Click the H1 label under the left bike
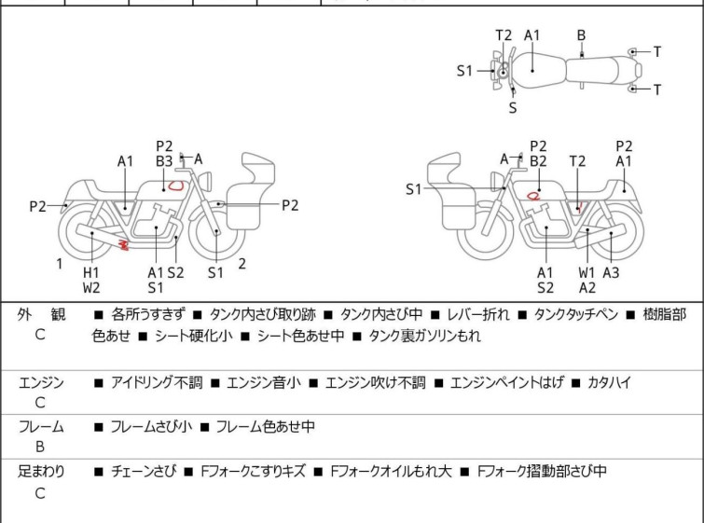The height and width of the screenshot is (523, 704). (91, 272)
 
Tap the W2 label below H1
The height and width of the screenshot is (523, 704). (91, 288)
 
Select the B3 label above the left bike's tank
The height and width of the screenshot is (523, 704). (164, 161)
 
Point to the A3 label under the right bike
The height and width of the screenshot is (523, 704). (611, 272)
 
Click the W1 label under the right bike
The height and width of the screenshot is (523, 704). (587, 272)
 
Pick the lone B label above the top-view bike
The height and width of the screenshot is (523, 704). (581, 35)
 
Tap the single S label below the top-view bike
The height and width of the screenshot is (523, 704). (513, 108)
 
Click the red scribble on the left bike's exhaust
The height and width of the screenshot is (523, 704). (123, 244)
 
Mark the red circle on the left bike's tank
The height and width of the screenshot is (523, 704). (175, 186)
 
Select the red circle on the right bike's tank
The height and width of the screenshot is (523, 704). (533, 196)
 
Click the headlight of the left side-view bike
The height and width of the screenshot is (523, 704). (206, 181)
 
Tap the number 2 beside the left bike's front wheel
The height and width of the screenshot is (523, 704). (242, 264)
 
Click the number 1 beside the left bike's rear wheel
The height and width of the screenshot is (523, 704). (60, 264)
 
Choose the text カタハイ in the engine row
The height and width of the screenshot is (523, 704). (609, 383)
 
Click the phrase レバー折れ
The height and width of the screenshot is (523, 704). (478, 315)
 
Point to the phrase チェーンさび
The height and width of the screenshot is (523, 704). (143, 472)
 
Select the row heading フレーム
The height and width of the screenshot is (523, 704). (41, 427)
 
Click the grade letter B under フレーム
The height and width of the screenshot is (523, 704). (40, 447)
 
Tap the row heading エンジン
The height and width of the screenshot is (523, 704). (41, 383)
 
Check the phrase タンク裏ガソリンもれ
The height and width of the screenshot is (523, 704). (424, 337)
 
